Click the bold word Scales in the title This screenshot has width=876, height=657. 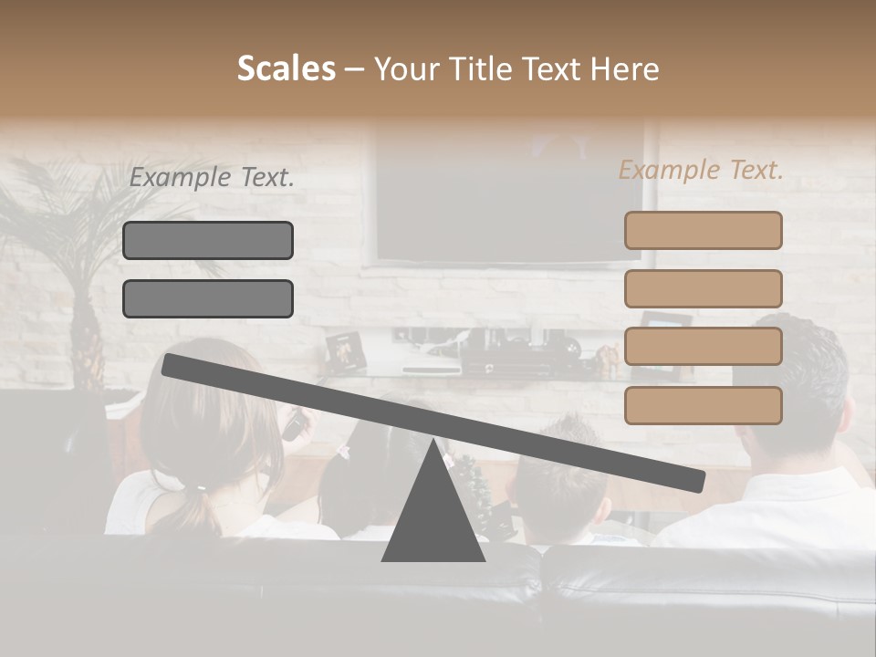coord(286,68)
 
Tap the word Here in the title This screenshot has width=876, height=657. coord(625,69)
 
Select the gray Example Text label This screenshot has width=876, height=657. coord(212,178)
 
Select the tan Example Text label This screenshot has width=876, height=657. coord(701,170)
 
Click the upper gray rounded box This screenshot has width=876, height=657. coord(208,240)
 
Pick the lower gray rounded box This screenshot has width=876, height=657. coord(208,298)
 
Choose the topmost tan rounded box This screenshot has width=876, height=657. coord(703,230)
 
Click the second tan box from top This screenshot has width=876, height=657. coord(703,288)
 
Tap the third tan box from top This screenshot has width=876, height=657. coord(703,347)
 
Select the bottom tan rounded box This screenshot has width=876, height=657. coord(703,405)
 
